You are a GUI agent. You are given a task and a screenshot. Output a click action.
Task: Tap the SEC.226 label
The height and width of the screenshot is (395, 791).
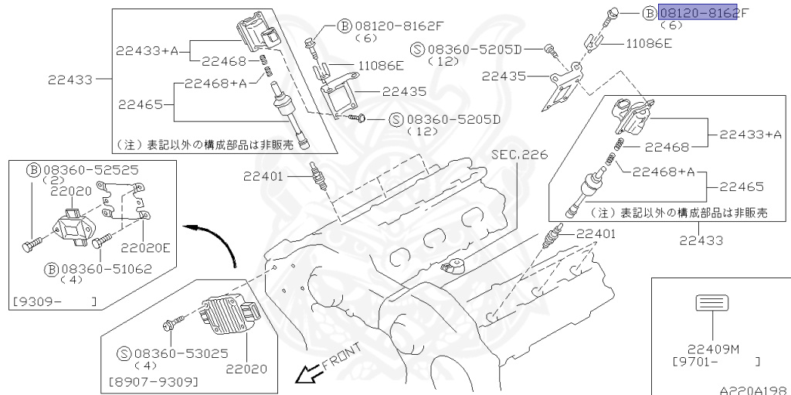click(x=518, y=155)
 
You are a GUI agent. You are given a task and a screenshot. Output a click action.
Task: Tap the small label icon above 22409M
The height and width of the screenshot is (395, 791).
click(x=708, y=303)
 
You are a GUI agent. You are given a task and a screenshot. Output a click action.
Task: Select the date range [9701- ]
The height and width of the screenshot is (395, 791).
click(x=715, y=360)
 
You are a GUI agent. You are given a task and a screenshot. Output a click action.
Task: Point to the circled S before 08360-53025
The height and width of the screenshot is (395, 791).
click(x=124, y=353)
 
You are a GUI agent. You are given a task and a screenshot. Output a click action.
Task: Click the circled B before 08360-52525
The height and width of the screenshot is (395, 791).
click(x=33, y=169)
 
